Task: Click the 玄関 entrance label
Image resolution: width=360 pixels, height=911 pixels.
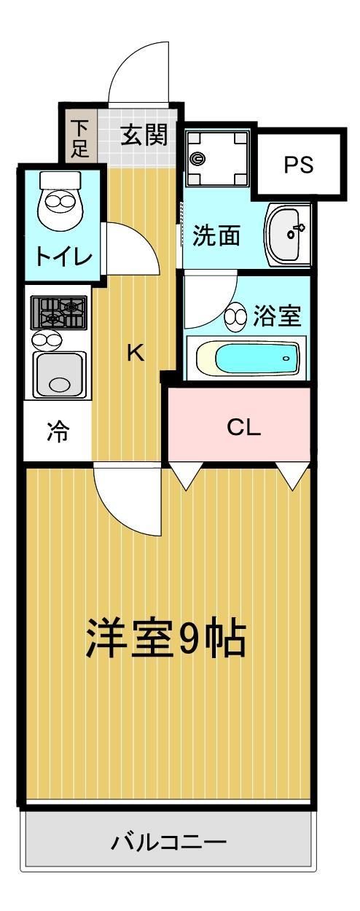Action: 144,135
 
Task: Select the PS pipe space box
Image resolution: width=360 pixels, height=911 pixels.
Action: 298,165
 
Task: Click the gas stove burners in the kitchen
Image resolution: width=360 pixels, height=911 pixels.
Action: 59,312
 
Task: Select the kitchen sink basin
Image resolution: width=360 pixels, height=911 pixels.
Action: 59,373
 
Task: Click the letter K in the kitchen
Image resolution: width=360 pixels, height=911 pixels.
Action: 135,353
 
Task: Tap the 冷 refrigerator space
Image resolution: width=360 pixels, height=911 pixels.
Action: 58,431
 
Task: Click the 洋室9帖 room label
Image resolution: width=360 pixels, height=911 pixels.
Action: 166,638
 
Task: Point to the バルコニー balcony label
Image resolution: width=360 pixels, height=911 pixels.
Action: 168,843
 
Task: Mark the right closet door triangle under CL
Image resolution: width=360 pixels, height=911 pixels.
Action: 294,477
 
